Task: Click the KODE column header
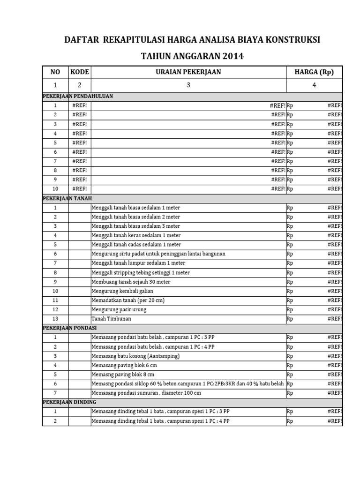pos(79,72)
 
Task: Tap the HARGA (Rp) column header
pos(314,72)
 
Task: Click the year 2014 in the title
pos(233,56)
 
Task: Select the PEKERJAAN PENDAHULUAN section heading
pos(78,96)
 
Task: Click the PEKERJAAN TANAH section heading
pos(67,198)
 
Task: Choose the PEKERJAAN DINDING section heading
pos(69,402)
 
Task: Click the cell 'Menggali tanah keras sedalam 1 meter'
pos(136,235)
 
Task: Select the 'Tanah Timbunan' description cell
pos(111,319)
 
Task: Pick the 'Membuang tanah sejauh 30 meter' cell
pos(131,282)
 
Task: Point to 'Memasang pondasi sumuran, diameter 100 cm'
pos(146,393)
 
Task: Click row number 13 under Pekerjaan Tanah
pos(55,319)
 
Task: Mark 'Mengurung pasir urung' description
pos(119,309)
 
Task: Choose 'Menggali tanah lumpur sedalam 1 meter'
pos(138,263)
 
